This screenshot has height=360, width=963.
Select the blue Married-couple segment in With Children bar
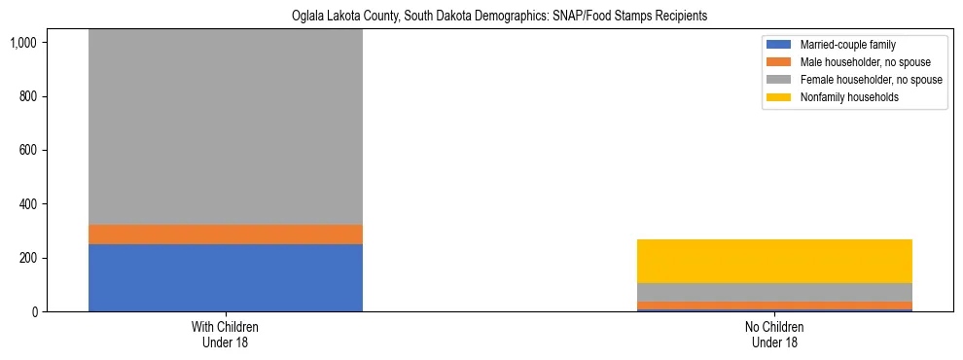pyautogui.click(x=225, y=277)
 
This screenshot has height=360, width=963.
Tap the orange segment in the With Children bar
pyautogui.click(x=225, y=234)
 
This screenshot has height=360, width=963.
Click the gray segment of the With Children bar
pyautogui.click(x=225, y=126)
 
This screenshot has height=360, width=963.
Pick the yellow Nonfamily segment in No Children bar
pyautogui.click(x=773, y=261)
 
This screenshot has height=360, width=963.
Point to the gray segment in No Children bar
pyautogui.click(x=773, y=292)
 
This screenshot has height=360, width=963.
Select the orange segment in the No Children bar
pyautogui.click(x=773, y=306)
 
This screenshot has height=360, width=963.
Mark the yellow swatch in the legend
pyautogui.click(x=780, y=97)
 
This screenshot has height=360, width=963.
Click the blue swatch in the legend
pyautogui.click(x=780, y=45)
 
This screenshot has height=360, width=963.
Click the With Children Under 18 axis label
pyautogui.click(x=225, y=335)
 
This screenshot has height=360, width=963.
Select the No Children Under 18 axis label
pyautogui.click(x=773, y=335)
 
